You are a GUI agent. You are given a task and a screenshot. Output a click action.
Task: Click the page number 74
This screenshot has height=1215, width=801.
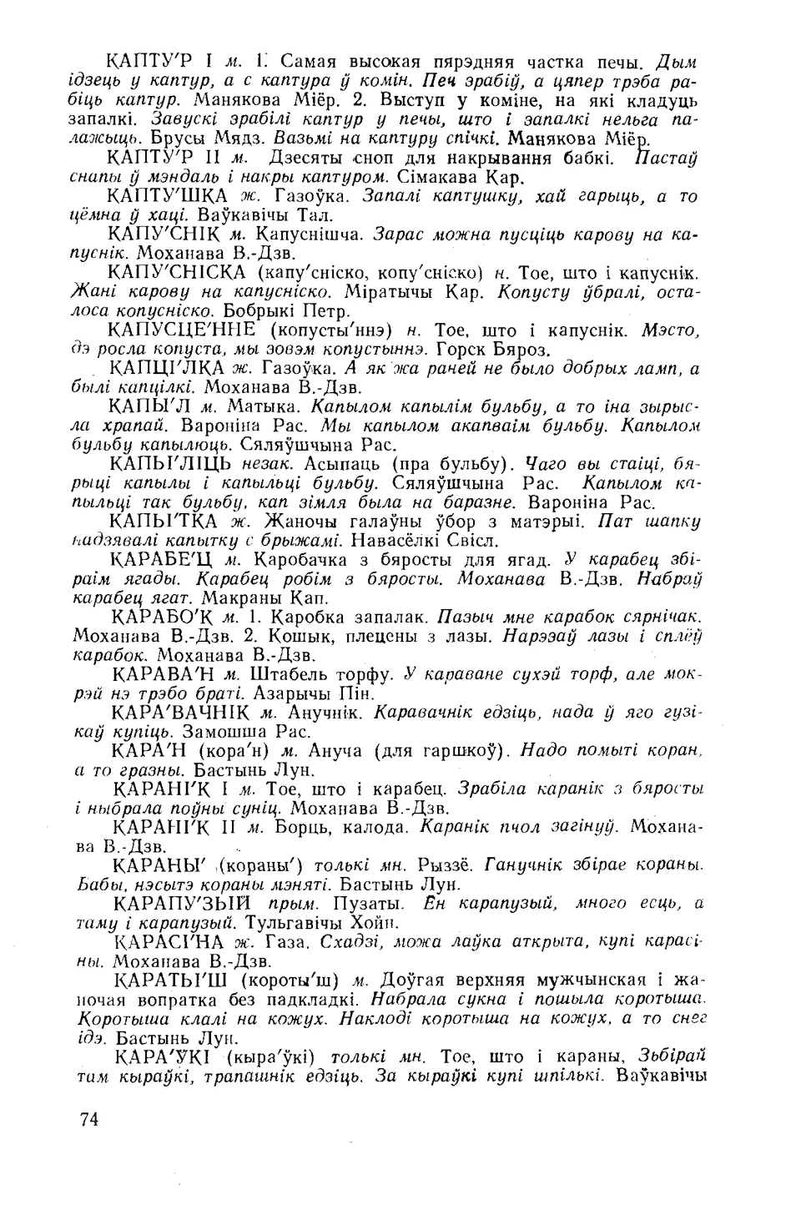coord(86,1119)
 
